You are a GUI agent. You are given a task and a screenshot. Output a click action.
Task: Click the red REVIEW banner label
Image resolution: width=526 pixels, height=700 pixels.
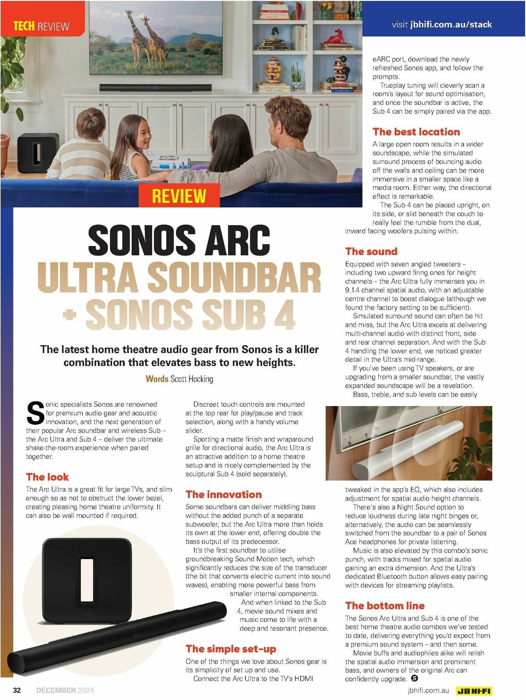179,196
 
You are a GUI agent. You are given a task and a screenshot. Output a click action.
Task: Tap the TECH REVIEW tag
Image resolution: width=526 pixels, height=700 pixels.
41,26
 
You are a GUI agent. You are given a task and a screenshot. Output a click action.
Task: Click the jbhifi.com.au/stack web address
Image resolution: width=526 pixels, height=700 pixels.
451,25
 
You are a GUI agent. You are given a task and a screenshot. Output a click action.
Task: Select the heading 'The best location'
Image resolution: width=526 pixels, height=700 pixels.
416,132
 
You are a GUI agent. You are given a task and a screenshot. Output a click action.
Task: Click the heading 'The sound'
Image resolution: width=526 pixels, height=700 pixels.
371,251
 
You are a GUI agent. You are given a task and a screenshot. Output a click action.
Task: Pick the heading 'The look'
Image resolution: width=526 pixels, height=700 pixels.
47,477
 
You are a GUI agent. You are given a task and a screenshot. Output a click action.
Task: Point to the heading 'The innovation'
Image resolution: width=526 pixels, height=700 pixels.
224,494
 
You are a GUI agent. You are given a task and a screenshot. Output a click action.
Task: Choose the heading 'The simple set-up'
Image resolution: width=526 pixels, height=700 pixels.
231,649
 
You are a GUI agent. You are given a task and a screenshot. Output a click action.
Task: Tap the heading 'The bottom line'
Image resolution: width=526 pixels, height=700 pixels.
385,606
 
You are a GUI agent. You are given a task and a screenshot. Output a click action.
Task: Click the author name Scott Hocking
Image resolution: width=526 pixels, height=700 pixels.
192,379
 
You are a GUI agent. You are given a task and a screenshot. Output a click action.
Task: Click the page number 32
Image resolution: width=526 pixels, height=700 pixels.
17,690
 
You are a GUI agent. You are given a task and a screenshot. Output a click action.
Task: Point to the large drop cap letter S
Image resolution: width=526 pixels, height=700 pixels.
36,413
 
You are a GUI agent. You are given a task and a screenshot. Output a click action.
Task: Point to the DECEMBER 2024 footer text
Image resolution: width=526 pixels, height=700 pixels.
65,690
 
